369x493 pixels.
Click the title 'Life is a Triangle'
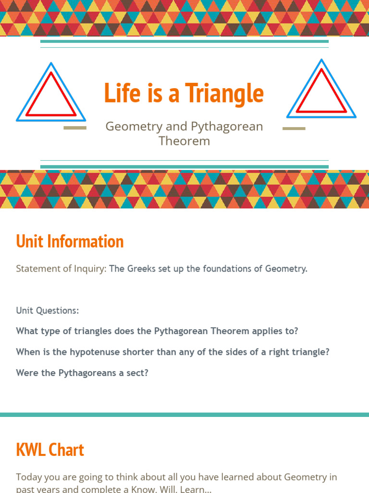pos(184,93)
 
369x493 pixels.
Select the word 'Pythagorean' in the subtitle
pos(227,127)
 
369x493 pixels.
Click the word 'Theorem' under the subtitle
pos(184,141)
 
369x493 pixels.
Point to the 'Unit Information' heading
pos(70,241)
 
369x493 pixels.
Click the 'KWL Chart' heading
pos(50,450)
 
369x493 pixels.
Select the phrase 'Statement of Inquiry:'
pos(61,269)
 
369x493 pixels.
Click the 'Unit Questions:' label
pos(47,311)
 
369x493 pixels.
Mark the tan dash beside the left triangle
pos(75,128)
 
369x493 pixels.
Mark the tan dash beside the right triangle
pos(294,129)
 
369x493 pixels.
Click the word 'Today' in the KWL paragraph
pos(29,477)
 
